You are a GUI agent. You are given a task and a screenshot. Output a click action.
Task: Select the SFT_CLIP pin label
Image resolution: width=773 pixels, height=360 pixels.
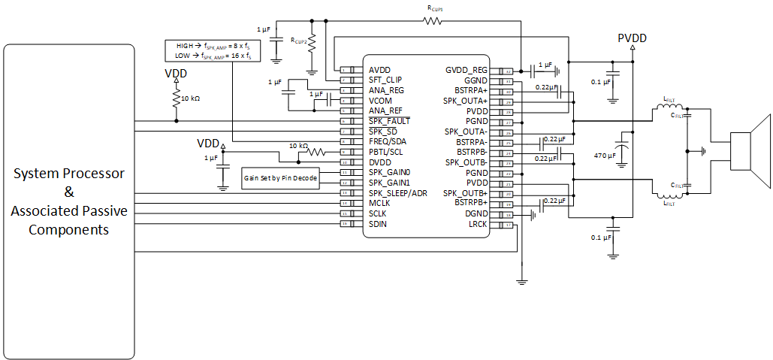pyautogui.click(x=385, y=80)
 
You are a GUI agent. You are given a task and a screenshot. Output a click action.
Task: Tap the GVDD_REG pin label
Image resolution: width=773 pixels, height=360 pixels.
pyautogui.click(x=466, y=70)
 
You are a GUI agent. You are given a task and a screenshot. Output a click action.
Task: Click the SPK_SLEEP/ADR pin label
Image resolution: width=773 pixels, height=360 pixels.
pyautogui.click(x=398, y=192)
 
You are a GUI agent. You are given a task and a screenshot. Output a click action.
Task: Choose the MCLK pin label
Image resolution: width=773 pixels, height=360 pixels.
pyautogui.click(x=381, y=203)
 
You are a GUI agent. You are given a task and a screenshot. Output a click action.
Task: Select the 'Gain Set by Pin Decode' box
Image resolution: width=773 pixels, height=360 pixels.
pyautogui.click(x=279, y=179)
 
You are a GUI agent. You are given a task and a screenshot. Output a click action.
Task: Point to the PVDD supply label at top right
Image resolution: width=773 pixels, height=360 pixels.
pyautogui.click(x=632, y=38)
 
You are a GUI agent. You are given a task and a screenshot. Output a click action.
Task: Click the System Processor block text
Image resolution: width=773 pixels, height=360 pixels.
pyautogui.click(x=69, y=201)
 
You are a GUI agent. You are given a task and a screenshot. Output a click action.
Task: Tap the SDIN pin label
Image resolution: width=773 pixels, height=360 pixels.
pyautogui.click(x=379, y=224)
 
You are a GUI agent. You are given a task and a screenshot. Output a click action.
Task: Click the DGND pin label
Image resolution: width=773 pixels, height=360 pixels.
pyautogui.click(x=476, y=213)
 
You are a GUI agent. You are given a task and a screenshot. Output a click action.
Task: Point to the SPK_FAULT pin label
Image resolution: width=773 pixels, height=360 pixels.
pyautogui.click(x=389, y=121)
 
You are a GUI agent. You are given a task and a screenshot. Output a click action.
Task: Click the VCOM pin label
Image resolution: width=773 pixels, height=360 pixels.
pyautogui.click(x=381, y=100)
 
